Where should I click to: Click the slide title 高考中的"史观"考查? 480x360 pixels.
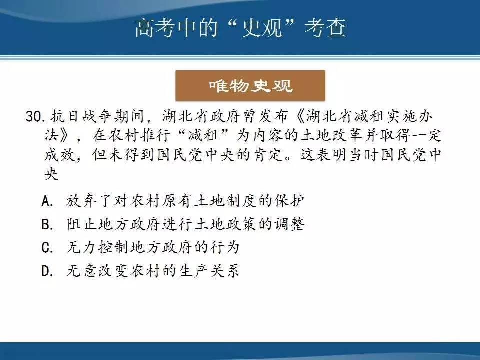(240, 28)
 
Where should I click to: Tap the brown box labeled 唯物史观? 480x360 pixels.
(250, 85)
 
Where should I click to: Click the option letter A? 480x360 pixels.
(47, 201)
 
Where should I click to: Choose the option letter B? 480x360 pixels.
(47, 224)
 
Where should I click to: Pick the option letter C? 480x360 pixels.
(47, 247)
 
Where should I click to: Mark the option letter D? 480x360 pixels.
(47, 271)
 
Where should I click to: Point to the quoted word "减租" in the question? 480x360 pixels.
(204, 135)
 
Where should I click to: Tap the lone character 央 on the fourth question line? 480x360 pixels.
(51, 174)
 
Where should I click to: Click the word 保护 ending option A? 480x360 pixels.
(289, 201)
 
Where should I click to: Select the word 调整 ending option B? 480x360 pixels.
(289, 224)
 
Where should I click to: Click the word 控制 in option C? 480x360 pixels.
(113, 247)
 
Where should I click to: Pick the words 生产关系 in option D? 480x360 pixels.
(208, 271)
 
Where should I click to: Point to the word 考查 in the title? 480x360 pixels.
(325, 28)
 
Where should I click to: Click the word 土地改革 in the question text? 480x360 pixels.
(332, 135)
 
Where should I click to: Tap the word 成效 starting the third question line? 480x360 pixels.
(59, 154)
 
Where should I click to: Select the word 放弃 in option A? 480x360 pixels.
(81, 201)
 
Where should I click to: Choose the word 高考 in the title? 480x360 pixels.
(156, 28)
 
